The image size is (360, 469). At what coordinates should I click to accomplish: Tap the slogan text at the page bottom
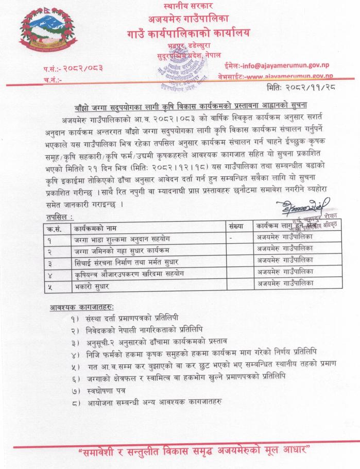pyautogui.click(x=194, y=451)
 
